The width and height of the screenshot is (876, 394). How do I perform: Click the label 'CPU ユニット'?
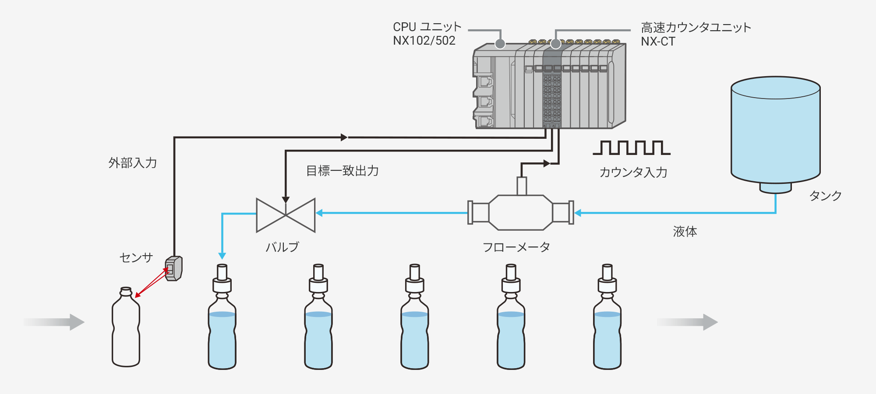427,27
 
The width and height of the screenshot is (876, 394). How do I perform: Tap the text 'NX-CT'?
658,42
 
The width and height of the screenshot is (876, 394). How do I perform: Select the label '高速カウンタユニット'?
696,28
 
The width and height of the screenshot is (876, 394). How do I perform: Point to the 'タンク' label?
826,196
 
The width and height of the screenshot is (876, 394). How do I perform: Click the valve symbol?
286,215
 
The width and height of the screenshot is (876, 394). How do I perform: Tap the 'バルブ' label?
283,247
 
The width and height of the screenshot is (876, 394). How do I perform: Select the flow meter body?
521,212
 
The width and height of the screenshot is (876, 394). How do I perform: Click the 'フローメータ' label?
516,248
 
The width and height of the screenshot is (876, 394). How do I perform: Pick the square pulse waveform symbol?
631,148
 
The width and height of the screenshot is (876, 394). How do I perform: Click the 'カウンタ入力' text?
633,172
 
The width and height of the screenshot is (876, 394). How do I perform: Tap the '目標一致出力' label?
343,171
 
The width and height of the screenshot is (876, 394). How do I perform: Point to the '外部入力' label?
133,163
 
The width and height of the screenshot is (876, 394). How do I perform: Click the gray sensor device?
174,268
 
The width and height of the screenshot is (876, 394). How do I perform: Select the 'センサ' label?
136,257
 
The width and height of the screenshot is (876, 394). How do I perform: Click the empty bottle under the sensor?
126,328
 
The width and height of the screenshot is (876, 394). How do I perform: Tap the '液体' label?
685,232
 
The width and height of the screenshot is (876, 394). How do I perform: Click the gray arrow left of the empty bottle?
55,322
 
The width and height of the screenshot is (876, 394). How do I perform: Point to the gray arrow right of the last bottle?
687,322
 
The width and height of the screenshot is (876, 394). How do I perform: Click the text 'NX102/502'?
424,41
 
